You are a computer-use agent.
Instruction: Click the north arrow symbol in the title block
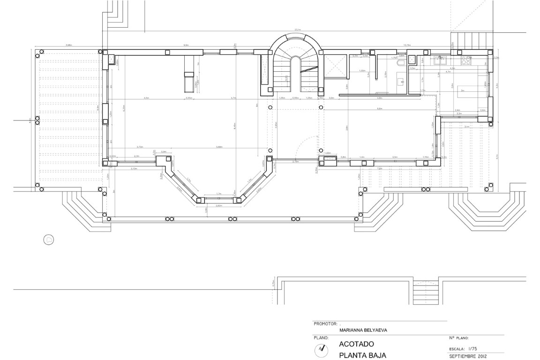tap(321, 349)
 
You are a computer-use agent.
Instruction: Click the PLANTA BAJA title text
tap(362, 355)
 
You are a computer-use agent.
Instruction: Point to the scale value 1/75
tap(472, 349)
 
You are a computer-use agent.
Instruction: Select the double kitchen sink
tap(441, 60)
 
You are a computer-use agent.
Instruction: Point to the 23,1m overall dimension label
tap(297, 30)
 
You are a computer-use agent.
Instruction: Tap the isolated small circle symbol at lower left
tap(49, 240)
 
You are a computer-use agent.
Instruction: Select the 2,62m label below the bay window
tap(219, 206)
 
